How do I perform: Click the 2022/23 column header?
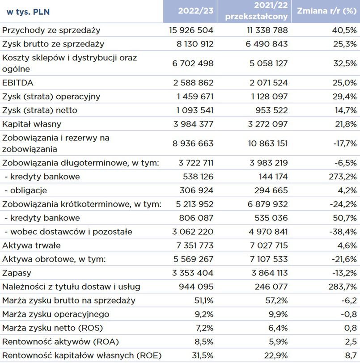coord(196,11)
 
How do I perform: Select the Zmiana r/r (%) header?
coord(326,11)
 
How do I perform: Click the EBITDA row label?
coord(18,83)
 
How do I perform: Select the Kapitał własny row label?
coord(32,124)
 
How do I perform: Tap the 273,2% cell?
coord(343,177)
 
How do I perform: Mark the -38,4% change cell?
coord(343,232)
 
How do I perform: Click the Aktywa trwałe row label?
coord(32,245)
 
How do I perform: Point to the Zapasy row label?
coord(17,273)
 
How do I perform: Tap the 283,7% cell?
coord(343,287)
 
